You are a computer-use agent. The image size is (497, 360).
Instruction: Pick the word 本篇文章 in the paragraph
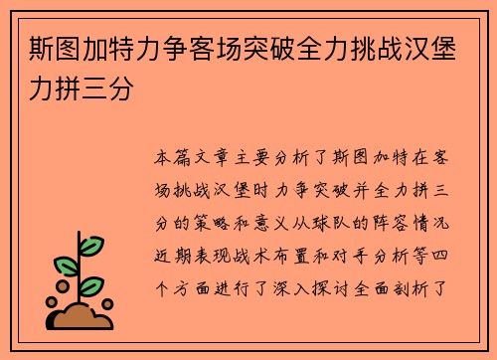pyautogui.click(x=197, y=159)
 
